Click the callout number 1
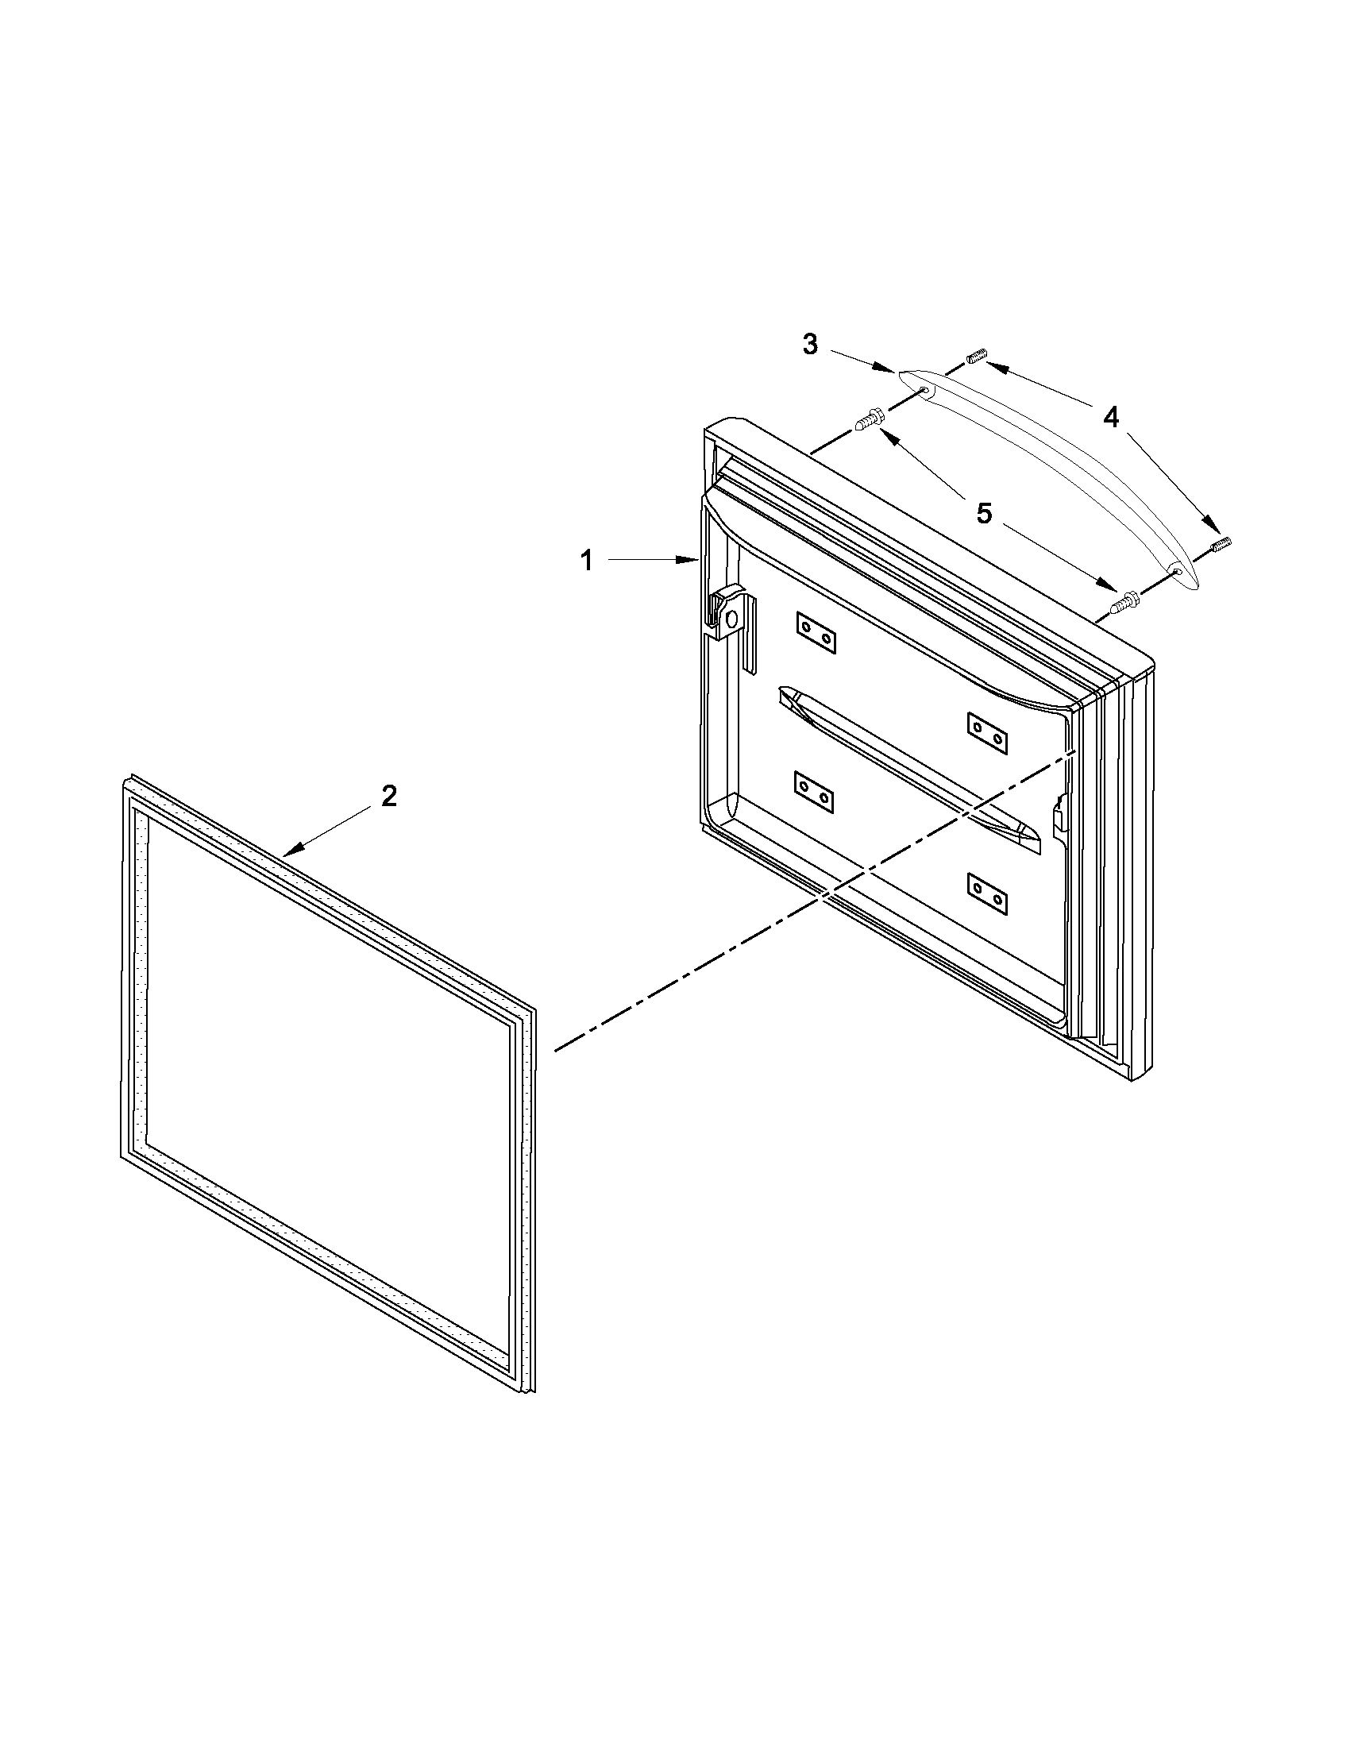pyautogui.click(x=587, y=561)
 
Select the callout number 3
pyautogui.click(x=810, y=345)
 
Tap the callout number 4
pyautogui.click(x=1111, y=417)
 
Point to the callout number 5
pyautogui.click(x=983, y=513)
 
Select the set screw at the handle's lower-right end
pyautogui.click(x=1221, y=546)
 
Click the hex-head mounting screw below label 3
pyautogui.click(x=869, y=419)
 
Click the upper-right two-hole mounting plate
pyautogui.click(x=987, y=732)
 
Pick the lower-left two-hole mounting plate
pyautogui.click(x=815, y=793)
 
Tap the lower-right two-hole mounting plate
pyautogui.click(x=987, y=894)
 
